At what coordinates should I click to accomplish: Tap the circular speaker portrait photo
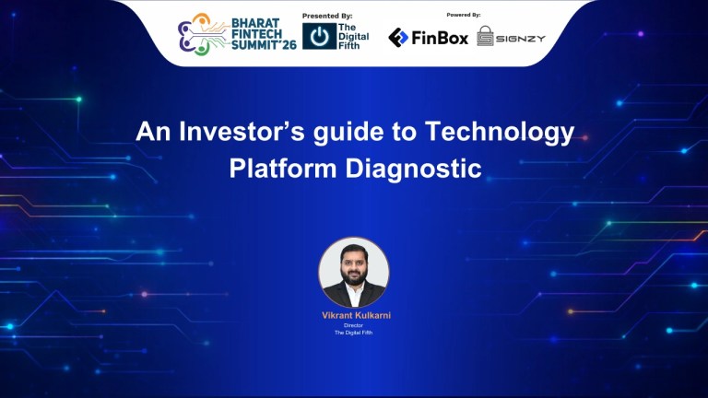pyautogui.click(x=354, y=272)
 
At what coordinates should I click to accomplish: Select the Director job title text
pyautogui.click(x=354, y=325)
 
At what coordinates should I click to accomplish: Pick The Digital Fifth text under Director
pyautogui.click(x=354, y=333)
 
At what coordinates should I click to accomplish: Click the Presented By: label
pyautogui.click(x=328, y=16)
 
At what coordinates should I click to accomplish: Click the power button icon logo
pyautogui.click(x=319, y=37)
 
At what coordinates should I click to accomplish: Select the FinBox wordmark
pyautogui.click(x=440, y=38)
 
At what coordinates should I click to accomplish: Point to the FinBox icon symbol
pyautogui.click(x=398, y=37)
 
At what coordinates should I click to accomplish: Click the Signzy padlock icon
pyautogui.click(x=485, y=37)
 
